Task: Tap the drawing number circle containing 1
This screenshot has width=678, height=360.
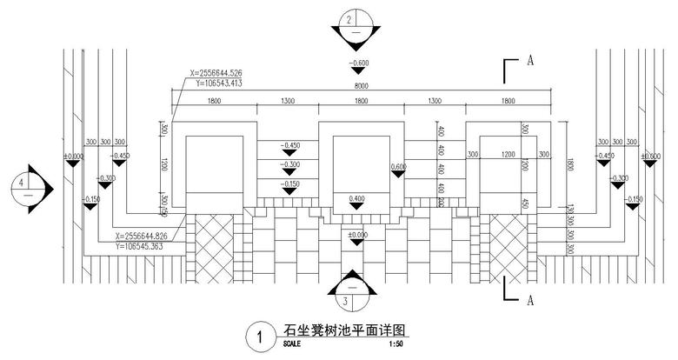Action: click(257, 335)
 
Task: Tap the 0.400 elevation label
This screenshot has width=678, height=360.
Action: click(356, 198)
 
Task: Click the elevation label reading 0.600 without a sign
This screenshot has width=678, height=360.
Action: click(399, 166)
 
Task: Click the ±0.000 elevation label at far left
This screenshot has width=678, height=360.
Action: click(73, 157)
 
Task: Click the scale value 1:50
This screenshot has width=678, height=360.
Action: click(395, 344)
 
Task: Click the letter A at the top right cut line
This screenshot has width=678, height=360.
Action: click(528, 62)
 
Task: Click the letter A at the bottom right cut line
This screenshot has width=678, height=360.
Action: click(528, 300)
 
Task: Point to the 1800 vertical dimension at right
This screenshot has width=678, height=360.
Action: click(568, 164)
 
